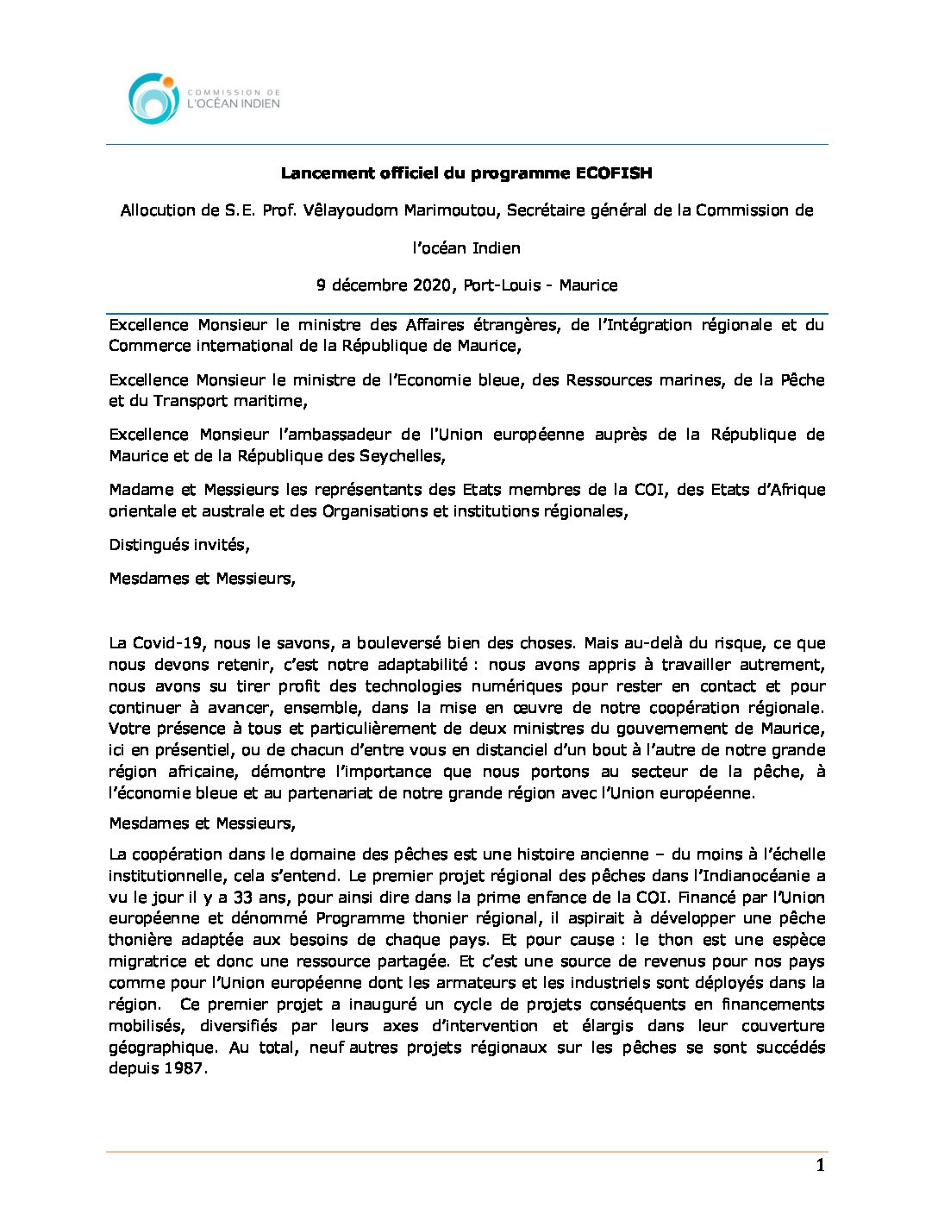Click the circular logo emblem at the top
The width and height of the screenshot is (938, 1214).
coord(153,97)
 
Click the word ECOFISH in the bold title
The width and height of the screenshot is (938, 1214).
coord(613,173)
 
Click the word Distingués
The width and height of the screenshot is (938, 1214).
coord(147,545)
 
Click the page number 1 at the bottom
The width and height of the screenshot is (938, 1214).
coord(820,1166)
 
